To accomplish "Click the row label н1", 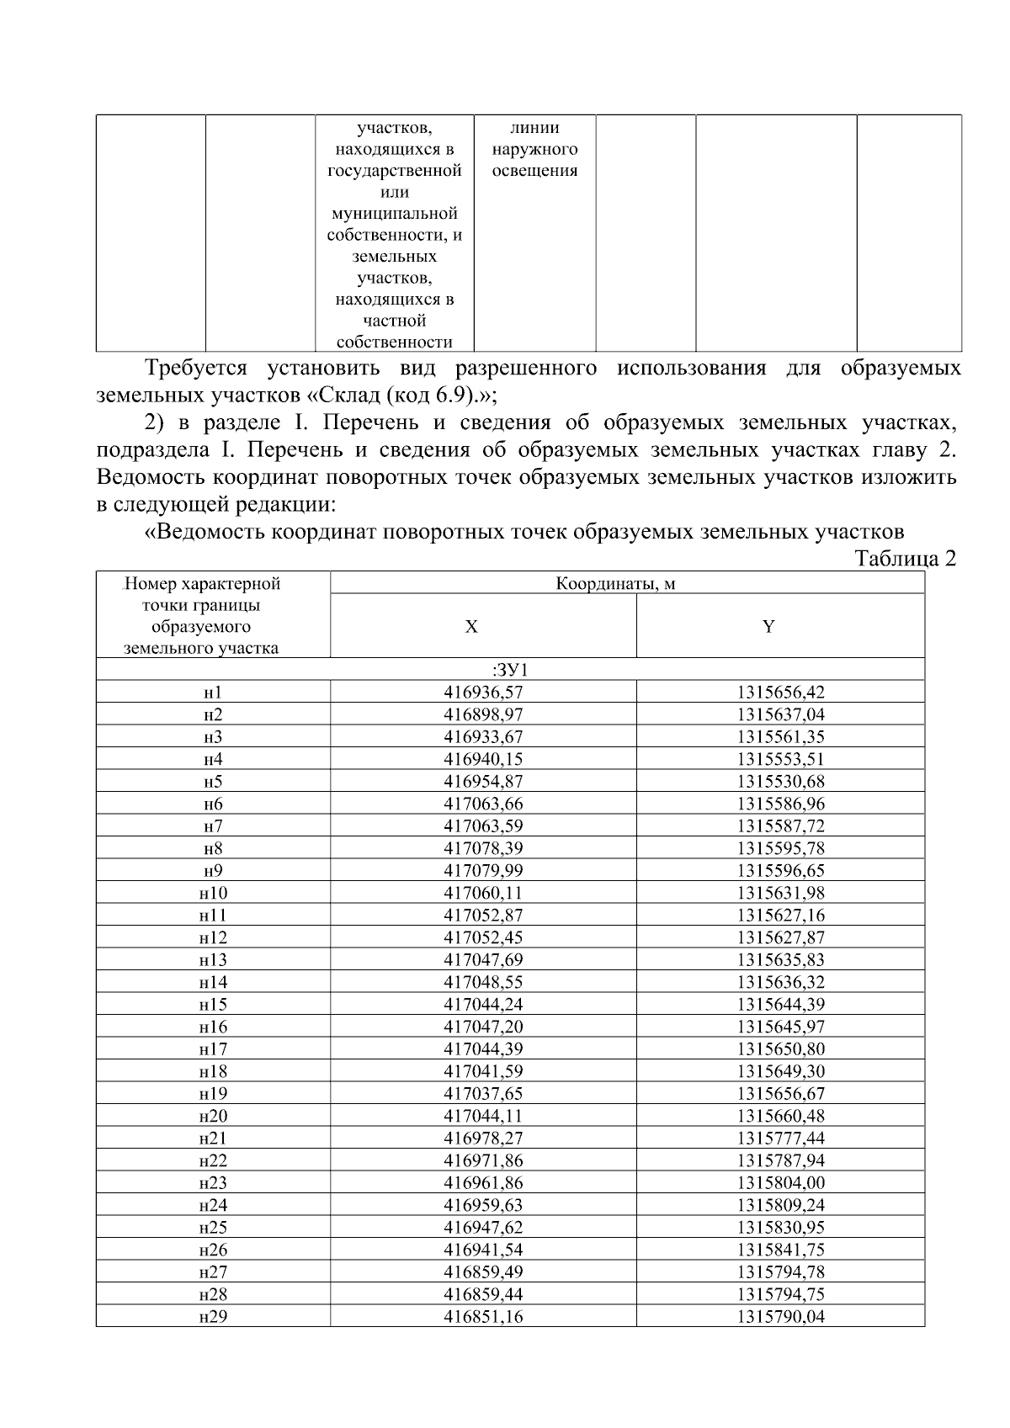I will pyautogui.click(x=213, y=693).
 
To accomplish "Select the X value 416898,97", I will pyautogui.click(x=483, y=715).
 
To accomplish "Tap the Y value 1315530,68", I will pyautogui.click(x=780, y=782).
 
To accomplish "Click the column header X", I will pyautogui.click(x=471, y=627).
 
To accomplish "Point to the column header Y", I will pyautogui.click(x=768, y=627).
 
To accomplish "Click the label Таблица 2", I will pyautogui.click(x=905, y=559).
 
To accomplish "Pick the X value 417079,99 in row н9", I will pyautogui.click(x=483, y=871).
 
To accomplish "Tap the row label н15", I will pyautogui.click(x=213, y=1005).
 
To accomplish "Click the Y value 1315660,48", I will pyautogui.click(x=780, y=1116).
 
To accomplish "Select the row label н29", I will pyautogui.click(x=213, y=1317).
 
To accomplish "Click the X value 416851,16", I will pyautogui.click(x=483, y=1317).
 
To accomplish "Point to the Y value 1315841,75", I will pyautogui.click(x=780, y=1250).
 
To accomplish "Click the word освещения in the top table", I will pyautogui.click(x=535, y=171).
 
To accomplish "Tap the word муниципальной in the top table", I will pyautogui.click(x=394, y=214).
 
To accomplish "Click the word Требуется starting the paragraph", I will pyautogui.click(x=196, y=369).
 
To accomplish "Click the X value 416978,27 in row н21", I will pyautogui.click(x=483, y=1139).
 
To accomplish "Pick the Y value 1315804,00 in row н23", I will pyautogui.click(x=780, y=1183).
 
